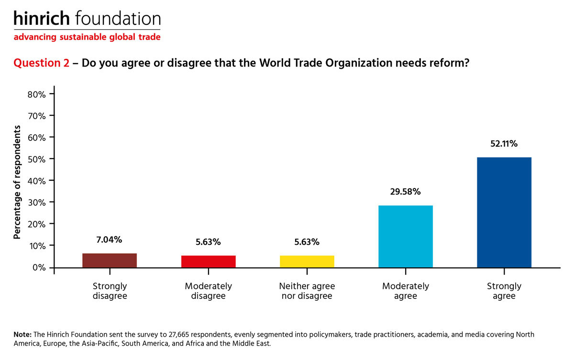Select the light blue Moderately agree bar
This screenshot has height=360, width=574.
pos(405,236)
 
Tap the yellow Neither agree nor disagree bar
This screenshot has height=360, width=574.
pos(307,261)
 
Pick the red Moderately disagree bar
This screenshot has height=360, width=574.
pos(208,261)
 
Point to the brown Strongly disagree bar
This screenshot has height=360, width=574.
pos(110,260)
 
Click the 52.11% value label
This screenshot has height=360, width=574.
pos(504,143)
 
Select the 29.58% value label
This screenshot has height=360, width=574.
pos(405,192)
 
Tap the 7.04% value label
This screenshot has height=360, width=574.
pos(110,239)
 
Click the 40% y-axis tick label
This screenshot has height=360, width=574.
pos(36,181)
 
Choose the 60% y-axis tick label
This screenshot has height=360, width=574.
pos(36,138)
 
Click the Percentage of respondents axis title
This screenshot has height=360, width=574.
pos(18,182)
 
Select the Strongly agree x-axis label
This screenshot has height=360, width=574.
pos(504,291)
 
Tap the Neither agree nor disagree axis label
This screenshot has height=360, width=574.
pos(307,291)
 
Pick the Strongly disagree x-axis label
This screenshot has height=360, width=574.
pos(110,291)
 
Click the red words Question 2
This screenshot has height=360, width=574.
pos(42,64)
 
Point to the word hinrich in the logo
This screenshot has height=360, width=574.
pos(42,19)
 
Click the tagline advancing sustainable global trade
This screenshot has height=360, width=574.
pos(87,37)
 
